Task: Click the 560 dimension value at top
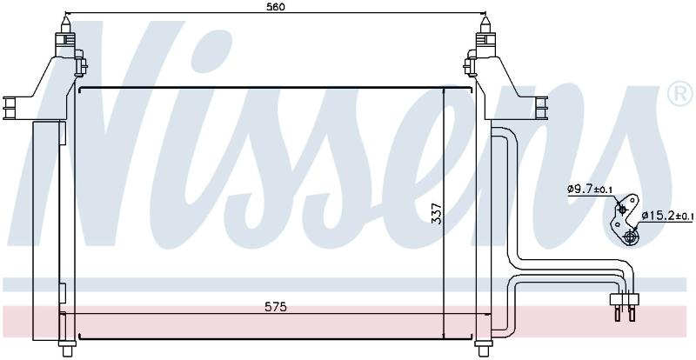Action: (275, 6)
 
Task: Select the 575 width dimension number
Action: (276, 307)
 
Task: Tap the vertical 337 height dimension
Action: (437, 214)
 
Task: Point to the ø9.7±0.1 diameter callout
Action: (590, 189)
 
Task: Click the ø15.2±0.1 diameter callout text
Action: (667, 217)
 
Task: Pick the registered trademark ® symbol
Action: (679, 95)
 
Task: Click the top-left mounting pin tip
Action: (65, 18)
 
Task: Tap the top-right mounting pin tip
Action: (485, 18)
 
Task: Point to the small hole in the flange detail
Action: (622, 210)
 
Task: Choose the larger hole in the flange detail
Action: (629, 237)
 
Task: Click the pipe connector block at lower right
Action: (625, 299)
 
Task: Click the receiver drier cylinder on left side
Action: (46, 230)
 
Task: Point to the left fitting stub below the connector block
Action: (618, 312)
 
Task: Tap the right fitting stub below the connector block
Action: (632, 312)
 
